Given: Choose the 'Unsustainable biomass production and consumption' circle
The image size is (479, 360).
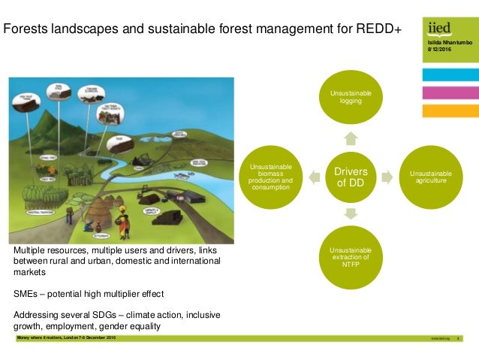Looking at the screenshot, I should [270, 177].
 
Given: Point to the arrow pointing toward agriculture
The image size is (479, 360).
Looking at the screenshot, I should [387, 177].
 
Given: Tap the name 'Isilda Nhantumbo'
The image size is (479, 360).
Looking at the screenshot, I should [446, 44].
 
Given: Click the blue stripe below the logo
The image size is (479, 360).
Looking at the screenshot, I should [450, 74].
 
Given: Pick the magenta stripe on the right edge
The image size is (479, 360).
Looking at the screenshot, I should [450, 93].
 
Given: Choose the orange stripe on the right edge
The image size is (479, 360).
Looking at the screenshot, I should [450, 111].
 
